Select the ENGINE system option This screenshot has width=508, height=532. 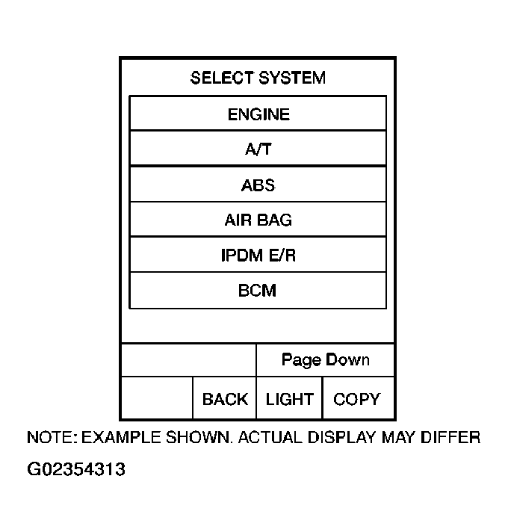258,114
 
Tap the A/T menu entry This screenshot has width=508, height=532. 258,149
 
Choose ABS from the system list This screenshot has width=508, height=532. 258,185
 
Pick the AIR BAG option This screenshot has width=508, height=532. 258,220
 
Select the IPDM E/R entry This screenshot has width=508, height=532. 258,256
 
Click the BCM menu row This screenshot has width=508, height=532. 258,291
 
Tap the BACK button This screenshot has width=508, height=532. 225,399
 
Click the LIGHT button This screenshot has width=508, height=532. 289,399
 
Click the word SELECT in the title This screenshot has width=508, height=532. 222,78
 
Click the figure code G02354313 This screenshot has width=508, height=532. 75,470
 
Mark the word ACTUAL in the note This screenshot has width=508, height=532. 269,438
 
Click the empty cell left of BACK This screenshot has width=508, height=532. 157,398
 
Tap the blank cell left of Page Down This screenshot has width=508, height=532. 188,360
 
